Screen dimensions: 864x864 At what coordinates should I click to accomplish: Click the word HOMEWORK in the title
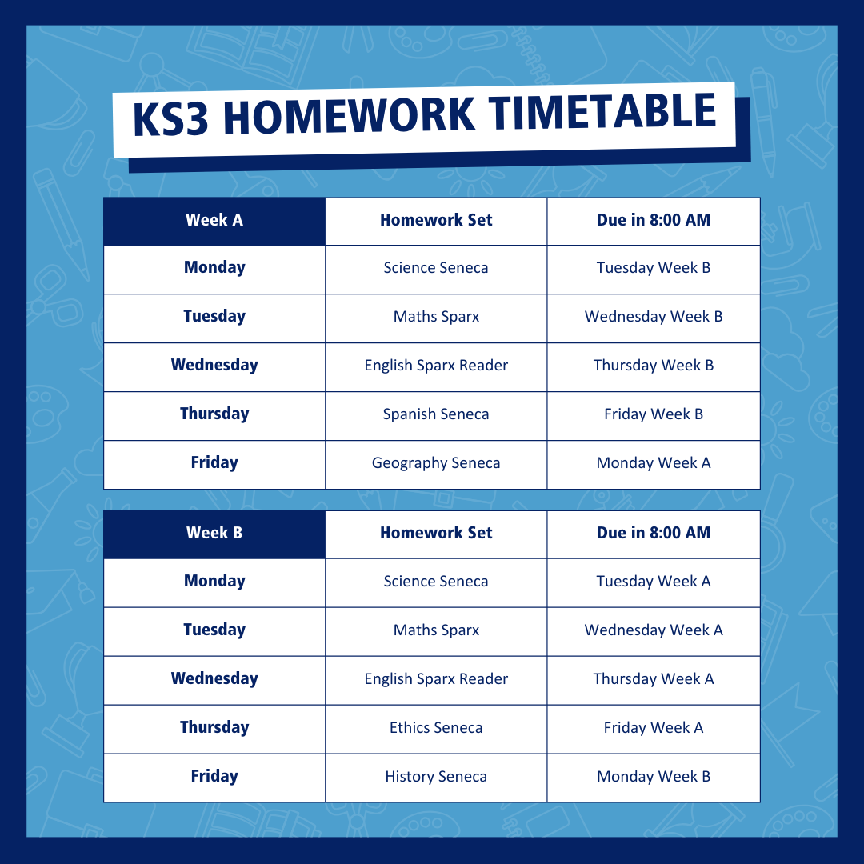[349, 116]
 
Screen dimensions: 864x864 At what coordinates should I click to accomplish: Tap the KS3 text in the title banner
[171, 118]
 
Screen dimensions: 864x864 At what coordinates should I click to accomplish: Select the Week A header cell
[214, 221]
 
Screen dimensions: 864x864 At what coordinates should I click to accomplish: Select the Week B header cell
[214, 534]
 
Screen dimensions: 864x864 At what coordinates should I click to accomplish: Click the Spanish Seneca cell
[436, 415]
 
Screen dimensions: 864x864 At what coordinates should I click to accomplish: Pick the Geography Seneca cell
[436, 465]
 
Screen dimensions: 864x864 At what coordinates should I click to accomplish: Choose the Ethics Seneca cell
[436, 729]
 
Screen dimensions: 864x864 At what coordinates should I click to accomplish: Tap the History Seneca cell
[436, 778]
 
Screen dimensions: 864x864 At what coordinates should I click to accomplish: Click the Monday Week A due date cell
[654, 465]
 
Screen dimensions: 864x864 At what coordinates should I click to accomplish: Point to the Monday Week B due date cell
[654, 778]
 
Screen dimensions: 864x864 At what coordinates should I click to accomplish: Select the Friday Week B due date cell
[654, 415]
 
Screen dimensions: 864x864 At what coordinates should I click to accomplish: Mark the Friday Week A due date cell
[654, 729]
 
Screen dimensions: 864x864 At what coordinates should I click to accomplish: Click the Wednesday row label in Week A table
[214, 365]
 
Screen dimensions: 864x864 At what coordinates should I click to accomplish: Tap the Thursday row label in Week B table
[214, 727]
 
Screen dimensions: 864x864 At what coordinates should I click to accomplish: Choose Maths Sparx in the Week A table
[436, 317]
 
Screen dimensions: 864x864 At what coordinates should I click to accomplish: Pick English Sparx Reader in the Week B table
[436, 679]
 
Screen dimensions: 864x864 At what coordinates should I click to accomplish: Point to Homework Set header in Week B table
[436, 533]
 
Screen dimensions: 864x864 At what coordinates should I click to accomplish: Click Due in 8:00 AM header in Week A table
[654, 220]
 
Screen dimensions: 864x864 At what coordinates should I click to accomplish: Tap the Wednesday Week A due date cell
[654, 631]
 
